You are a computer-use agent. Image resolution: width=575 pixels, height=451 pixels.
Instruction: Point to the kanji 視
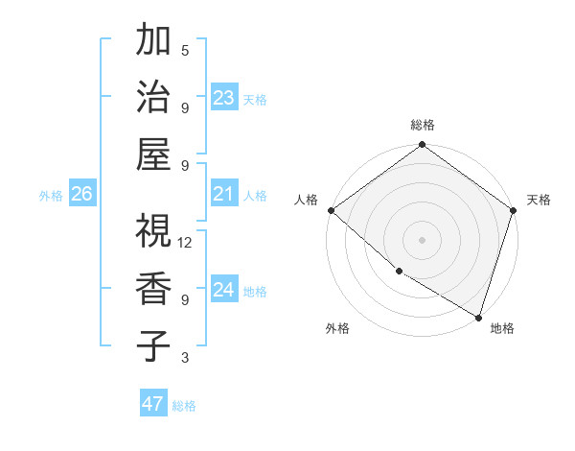[153, 231]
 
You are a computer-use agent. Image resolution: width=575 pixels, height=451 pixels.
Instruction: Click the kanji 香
[153, 288]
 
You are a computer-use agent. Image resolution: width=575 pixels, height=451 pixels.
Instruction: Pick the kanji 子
[153, 344]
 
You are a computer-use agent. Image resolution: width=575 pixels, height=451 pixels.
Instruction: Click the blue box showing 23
[224, 97]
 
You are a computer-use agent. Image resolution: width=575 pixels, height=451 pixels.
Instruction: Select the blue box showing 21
[224, 194]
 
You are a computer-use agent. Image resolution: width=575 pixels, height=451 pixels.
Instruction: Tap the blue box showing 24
[224, 290]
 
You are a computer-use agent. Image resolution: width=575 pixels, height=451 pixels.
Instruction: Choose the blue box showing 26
[82, 194]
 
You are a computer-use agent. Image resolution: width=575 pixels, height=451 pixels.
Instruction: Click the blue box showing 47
[153, 404]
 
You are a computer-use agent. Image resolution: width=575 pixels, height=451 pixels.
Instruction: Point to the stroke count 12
[185, 243]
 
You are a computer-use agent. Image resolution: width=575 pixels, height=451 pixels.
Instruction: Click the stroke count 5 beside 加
[185, 50]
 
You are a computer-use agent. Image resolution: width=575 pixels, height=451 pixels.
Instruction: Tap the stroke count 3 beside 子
[185, 358]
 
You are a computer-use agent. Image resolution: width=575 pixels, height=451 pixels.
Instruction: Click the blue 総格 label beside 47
[184, 406]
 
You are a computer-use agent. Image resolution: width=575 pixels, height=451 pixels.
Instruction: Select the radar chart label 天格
[539, 200]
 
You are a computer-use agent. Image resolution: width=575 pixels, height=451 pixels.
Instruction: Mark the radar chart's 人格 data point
[331, 210]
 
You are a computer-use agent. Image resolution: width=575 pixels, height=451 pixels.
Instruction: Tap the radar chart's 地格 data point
[477, 317]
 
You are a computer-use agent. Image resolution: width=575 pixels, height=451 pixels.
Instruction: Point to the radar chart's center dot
[423, 240]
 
